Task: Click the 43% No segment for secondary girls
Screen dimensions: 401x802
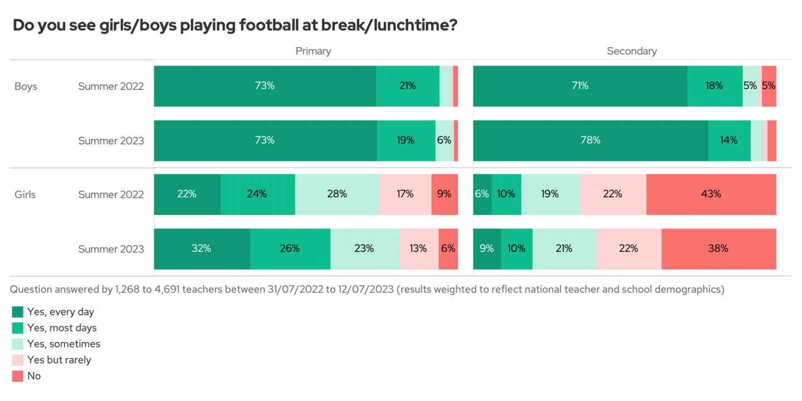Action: point(711,194)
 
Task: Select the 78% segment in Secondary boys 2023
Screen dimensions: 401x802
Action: point(590,140)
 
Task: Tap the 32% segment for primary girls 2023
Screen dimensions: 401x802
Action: point(202,249)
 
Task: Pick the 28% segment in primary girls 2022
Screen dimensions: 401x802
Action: point(337,194)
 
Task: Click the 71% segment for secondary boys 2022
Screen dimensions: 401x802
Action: point(580,86)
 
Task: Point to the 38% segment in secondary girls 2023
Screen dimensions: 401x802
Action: point(718,249)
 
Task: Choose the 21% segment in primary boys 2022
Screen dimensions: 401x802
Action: point(408,86)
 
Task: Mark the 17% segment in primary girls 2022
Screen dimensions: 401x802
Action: point(405,194)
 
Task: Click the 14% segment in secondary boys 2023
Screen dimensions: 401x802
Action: point(729,140)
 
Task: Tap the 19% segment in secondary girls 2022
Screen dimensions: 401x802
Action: point(550,194)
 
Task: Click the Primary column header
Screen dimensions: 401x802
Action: point(313,51)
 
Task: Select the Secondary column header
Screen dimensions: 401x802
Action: point(632,51)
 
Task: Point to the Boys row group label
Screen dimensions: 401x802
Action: point(26,86)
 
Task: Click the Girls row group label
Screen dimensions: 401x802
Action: point(25,194)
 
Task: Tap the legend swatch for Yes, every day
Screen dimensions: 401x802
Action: point(17,312)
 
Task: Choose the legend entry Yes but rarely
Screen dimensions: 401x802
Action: point(59,360)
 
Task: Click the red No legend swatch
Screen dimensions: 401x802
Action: point(17,376)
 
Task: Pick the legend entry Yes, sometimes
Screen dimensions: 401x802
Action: point(63,344)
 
